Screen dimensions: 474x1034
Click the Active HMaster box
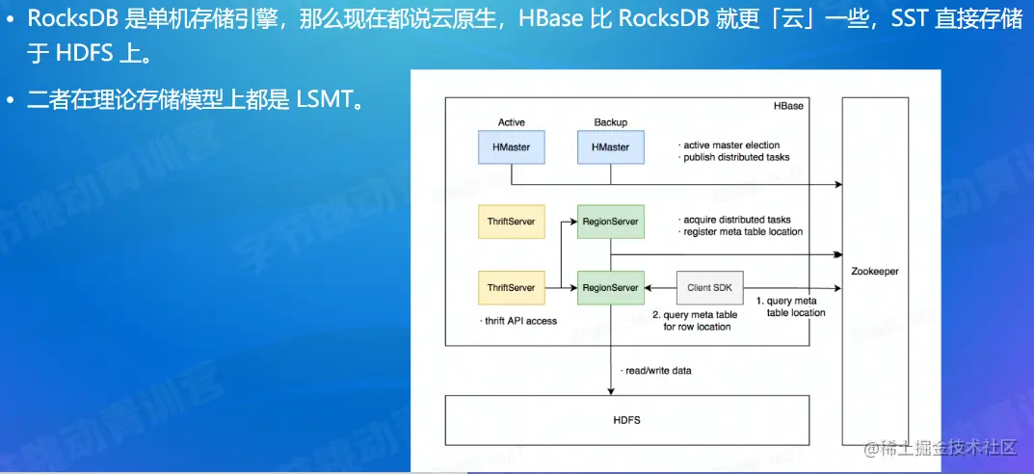(511, 147)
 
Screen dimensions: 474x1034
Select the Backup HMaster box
(610, 147)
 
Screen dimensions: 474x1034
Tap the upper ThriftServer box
(511, 222)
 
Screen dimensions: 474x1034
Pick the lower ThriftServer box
(511, 287)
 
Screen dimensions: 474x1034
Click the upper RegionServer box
(610, 222)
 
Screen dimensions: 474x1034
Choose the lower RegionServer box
(610, 287)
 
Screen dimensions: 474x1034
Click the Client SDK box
(711, 287)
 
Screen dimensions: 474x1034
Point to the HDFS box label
(626, 421)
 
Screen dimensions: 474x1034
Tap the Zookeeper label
(875, 272)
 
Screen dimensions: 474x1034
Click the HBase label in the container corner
(788, 105)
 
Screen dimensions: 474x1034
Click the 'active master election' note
(730, 145)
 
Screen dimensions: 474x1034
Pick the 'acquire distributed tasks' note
(736, 220)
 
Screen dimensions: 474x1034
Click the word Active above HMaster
(511, 122)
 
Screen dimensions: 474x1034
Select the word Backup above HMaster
(610, 122)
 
